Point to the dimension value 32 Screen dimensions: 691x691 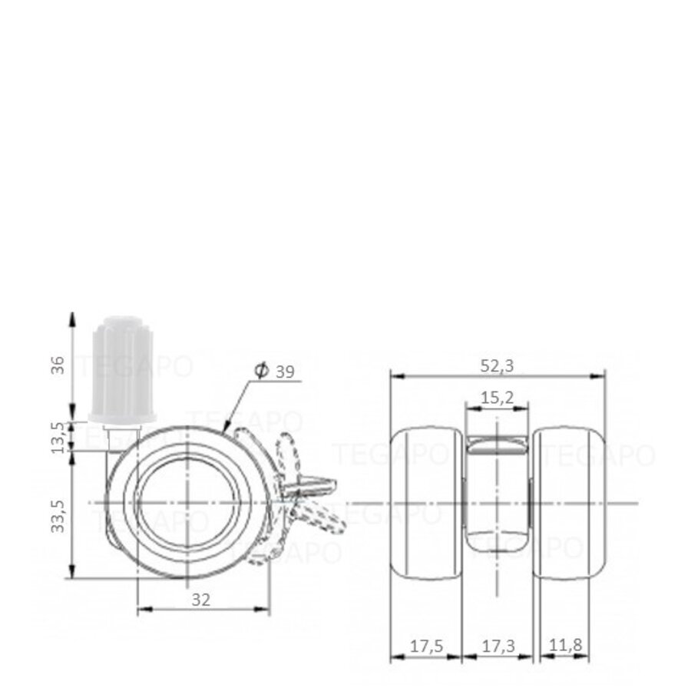point(201,600)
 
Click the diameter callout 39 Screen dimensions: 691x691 point(285,372)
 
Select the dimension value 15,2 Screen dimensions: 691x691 point(498,397)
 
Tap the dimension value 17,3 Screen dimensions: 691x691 point(498,646)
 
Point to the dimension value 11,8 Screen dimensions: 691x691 point(567,646)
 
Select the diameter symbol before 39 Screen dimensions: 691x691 point(260,372)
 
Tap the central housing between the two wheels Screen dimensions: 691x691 point(497,491)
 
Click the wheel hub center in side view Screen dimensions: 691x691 point(189,502)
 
